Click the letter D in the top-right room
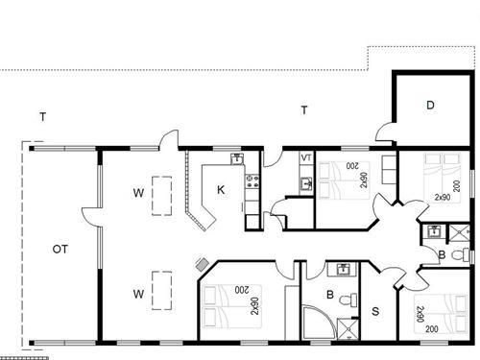(x=431, y=105)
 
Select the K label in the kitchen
(x=221, y=190)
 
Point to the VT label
(x=306, y=157)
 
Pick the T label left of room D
(x=303, y=110)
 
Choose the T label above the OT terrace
(x=42, y=117)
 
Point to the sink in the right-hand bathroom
(x=434, y=230)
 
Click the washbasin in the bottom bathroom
(x=343, y=270)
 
